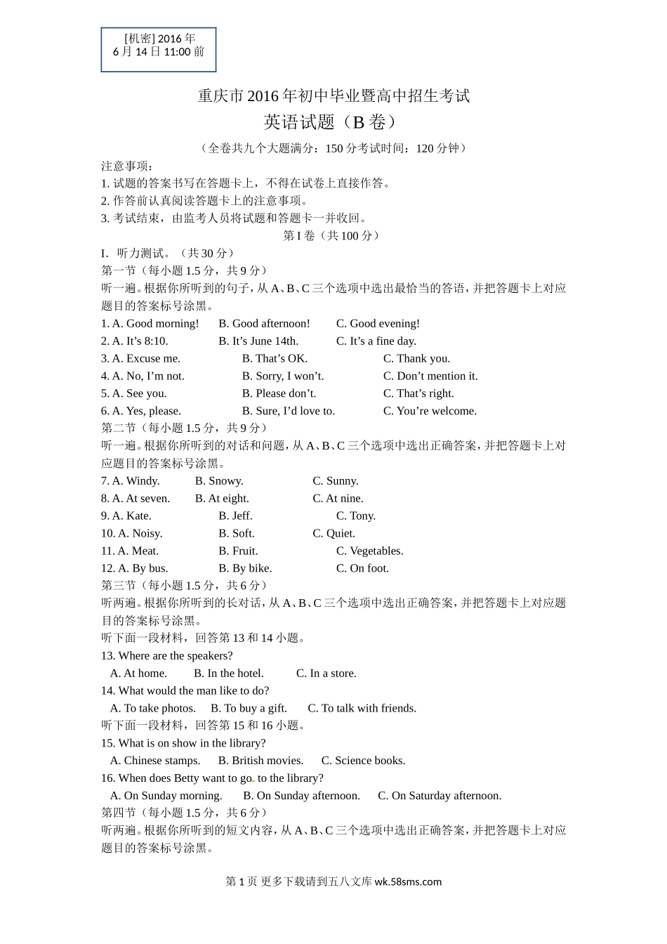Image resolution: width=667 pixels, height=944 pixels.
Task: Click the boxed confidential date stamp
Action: click(159, 49)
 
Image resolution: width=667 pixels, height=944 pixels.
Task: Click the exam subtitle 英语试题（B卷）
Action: click(333, 122)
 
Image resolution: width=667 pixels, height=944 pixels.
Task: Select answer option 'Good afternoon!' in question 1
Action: click(264, 324)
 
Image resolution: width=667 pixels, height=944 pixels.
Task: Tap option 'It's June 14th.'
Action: click(258, 341)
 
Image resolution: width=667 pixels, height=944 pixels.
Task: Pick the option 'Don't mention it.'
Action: click(430, 376)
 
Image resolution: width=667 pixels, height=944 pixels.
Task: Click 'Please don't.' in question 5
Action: click(279, 394)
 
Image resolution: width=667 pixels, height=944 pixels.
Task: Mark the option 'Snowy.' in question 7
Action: click(219, 481)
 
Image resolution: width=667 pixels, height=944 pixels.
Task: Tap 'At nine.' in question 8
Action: click(338, 499)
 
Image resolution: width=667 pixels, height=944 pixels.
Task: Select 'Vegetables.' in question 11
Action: click(369, 551)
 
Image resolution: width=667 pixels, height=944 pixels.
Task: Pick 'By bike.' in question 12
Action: click(245, 569)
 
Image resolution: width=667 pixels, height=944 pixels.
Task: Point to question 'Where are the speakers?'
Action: click(166, 656)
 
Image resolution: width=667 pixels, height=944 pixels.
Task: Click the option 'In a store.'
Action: click(326, 674)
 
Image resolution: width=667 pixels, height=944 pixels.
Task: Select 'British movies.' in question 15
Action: click(260, 761)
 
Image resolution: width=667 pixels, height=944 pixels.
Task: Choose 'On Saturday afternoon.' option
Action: click(440, 796)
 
